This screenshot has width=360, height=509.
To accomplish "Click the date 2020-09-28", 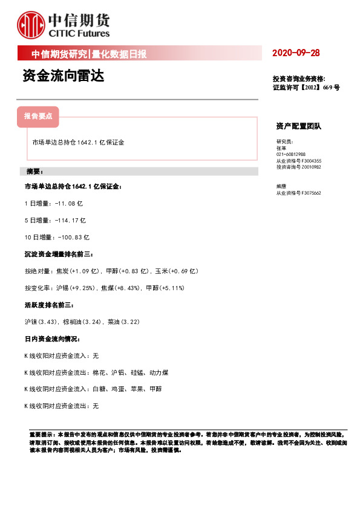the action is point(296,53).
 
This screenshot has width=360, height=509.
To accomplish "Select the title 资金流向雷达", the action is point(62,77).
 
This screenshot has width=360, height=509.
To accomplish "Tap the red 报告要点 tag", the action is point(38,115).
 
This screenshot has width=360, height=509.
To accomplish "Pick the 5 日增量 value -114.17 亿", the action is point(70,221).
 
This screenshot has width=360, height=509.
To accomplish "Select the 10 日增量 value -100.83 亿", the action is point(74,238).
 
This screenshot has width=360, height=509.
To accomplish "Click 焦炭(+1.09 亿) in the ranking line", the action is point(79,271).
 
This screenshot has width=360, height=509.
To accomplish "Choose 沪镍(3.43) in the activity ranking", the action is point(42,322).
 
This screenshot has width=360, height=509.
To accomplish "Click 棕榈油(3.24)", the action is point(80,322).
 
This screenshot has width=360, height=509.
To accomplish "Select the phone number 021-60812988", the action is point(291,154).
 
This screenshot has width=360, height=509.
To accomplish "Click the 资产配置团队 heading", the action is point(299,126).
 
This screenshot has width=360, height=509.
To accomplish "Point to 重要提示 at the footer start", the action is point(40,435).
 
